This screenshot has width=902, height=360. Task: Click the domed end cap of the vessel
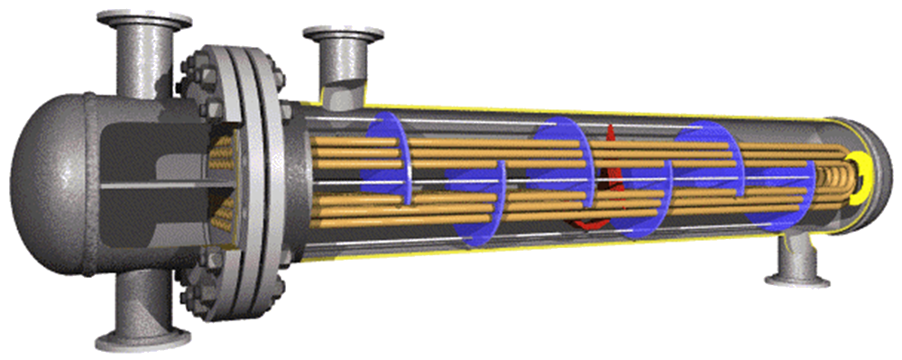[41, 171]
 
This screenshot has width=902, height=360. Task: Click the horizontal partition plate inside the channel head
[153, 186]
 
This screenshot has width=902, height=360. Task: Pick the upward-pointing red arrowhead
[611, 135]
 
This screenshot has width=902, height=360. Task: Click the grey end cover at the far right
[879, 171]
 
